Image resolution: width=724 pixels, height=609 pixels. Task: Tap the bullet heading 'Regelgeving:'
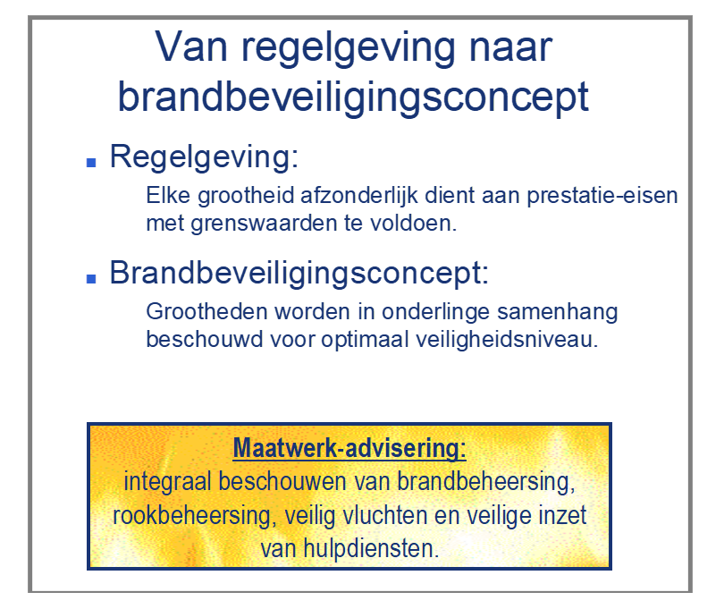pos(203,158)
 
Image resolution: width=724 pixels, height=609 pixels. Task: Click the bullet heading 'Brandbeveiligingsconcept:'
pos(299,273)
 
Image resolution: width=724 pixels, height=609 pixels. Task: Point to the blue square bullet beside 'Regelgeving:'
pos(90,163)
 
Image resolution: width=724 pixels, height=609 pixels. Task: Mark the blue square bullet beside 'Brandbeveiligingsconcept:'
pos(90,277)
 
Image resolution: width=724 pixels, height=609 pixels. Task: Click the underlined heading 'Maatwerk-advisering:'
pos(349,447)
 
